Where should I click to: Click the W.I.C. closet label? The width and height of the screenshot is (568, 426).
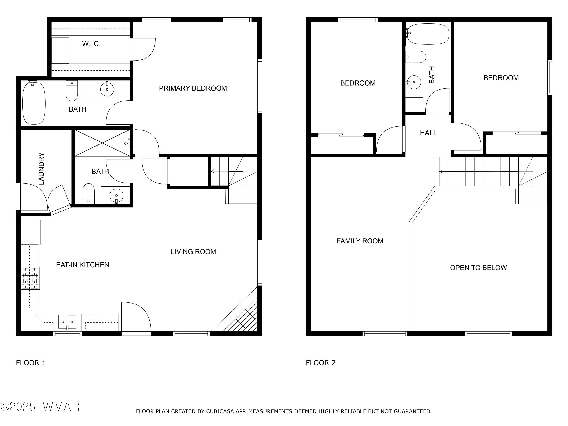click(x=91, y=44)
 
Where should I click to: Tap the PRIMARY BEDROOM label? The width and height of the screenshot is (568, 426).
click(x=193, y=88)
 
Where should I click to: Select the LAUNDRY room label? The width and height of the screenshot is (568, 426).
click(x=41, y=169)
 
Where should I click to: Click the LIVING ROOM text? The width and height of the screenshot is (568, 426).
click(x=193, y=252)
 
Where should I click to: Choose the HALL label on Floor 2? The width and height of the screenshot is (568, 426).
click(x=428, y=133)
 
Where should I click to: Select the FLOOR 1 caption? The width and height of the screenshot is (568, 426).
click(x=31, y=363)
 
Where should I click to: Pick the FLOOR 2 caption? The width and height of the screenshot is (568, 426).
click(x=321, y=363)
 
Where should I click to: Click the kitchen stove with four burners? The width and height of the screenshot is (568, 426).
click(x=30, y=278)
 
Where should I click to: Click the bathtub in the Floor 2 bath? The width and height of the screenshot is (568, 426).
click(x=428, y=34)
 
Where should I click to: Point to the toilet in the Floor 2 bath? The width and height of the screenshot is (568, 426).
click(x=416, y=57)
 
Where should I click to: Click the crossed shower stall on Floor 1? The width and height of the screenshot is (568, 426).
click(x=102, y=143)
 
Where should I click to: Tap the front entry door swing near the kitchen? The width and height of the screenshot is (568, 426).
click(x=136, y=317)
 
